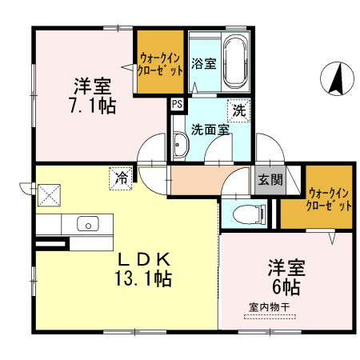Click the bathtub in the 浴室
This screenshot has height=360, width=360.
(235, 62)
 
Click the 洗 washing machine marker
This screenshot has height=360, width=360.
(238, 110)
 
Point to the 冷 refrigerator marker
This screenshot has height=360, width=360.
(121, 178)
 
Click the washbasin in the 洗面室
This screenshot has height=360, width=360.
(180, 146)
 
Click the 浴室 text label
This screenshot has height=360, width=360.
(203, 64)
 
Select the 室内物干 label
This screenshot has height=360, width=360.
(268, 306)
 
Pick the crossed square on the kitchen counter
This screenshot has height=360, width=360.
(50, 194)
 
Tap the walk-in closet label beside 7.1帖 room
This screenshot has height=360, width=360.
(159, 63)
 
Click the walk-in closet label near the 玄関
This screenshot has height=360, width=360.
(329, 198)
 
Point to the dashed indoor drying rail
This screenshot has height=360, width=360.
(270, 318)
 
